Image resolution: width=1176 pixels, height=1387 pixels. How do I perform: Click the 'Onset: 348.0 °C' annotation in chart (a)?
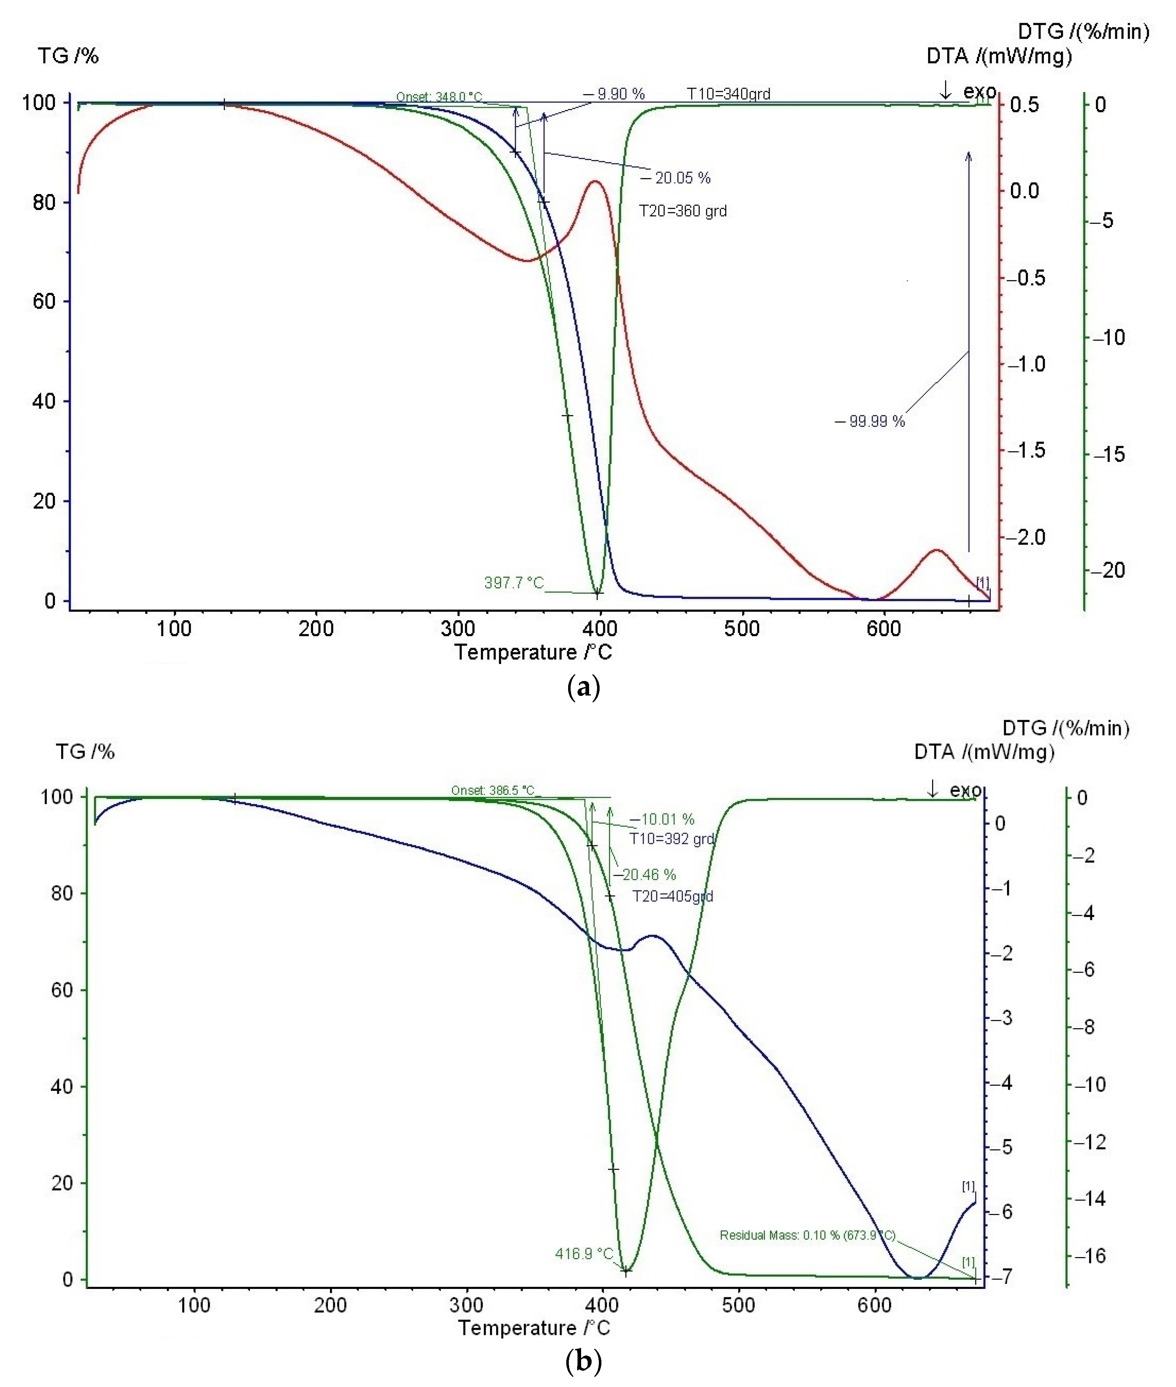click(x=439, y=97)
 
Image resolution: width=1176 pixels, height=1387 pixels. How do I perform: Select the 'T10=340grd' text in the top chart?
click(x=729, y=94)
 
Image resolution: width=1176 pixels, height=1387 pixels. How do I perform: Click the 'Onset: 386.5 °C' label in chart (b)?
click(x=493, y=791)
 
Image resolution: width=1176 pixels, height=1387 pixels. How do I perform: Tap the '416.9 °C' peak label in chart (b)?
click(x=584, y=1253)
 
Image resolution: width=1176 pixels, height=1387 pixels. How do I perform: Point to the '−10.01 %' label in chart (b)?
click(x=662, y=819)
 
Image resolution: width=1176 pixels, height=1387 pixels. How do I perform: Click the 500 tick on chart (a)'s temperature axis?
click(x=741, y=629)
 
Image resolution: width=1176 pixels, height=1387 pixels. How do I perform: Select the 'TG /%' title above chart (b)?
click(x=85, y=752)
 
